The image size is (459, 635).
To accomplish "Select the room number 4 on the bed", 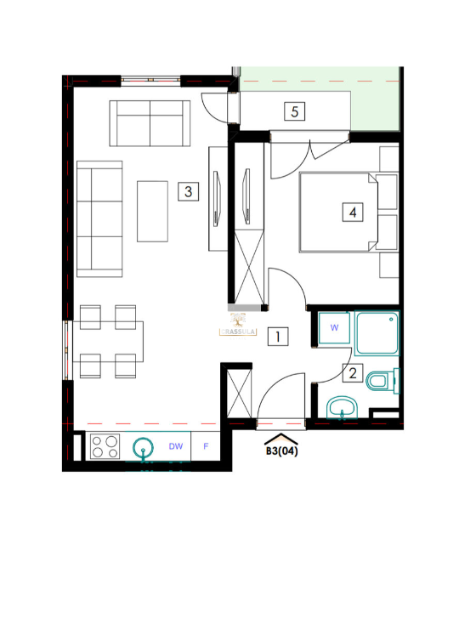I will [x=351, y=213].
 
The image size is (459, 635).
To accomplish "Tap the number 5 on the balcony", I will [x=294, y=111].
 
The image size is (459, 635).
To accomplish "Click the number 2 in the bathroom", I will [x=352, y=371].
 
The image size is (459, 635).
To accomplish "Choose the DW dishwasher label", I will [x=176, y=445].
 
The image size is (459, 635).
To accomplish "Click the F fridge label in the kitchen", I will [x=206, y=445].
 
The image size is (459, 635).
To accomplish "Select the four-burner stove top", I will [x=105, y=445].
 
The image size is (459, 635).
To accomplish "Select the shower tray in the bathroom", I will [x=377, y=333].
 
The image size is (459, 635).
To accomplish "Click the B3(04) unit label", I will [x=281, y=451].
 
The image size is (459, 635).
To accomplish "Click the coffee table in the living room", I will [x=153, y=211].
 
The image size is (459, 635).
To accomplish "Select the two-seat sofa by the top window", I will [x=150, y=123].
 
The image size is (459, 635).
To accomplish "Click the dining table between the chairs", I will [x=110, y=341].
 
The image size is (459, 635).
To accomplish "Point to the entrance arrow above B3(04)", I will [x=281, y=438].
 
